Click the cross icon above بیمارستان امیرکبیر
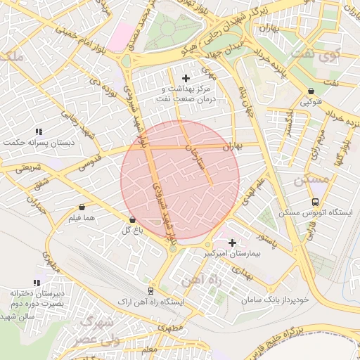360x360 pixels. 232,243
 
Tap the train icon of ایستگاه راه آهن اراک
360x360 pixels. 150,290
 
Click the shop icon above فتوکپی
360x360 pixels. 311,91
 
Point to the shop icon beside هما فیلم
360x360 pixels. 83,207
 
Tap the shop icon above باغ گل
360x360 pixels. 131,220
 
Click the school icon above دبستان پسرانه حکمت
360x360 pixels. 39,131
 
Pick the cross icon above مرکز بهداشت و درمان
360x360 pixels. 186,78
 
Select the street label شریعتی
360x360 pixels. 30,167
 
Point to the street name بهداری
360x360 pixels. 236,269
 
